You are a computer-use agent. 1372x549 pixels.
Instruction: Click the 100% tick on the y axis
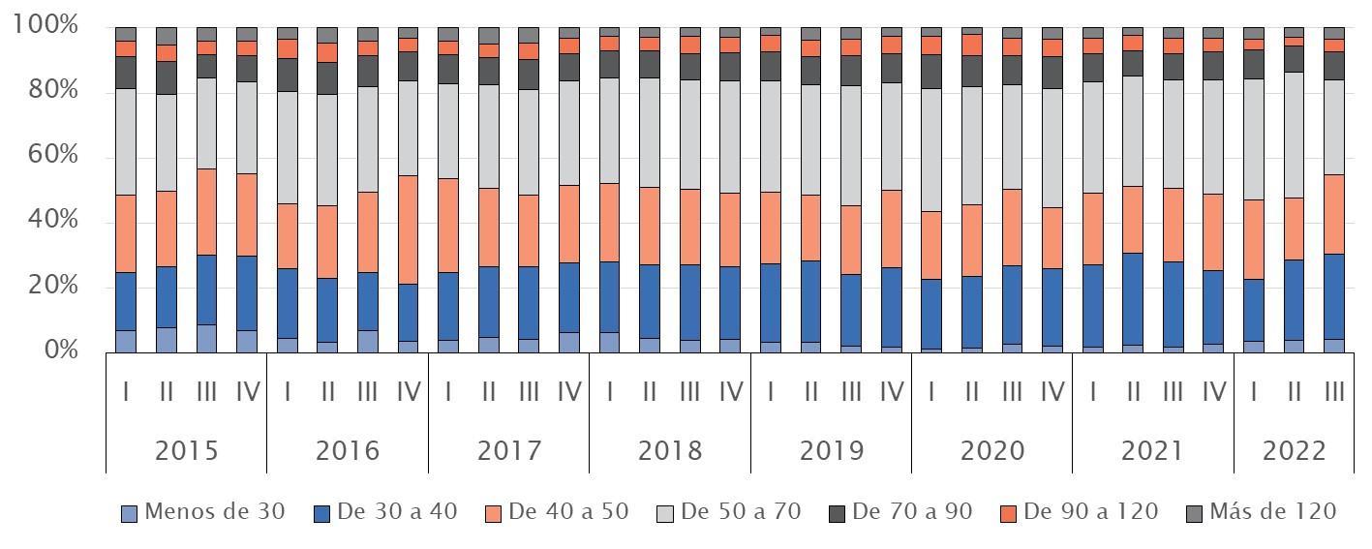point(46,25)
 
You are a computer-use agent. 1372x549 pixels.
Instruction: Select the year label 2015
point(186,451)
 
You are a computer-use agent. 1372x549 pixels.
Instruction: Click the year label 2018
point(670,451)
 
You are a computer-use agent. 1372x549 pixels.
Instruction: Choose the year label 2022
point(1294,451)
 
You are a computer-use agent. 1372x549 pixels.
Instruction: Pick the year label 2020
point(992,451)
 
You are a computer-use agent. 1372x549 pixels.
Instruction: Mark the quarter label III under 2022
point(1334,392)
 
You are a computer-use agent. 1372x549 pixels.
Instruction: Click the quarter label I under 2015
point(126,392)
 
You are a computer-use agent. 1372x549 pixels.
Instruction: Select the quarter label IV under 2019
point(891,392)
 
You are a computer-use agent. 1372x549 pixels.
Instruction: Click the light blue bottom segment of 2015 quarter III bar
point(206,338)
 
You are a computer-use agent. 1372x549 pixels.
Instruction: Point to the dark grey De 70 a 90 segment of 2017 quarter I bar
point(447,69)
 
